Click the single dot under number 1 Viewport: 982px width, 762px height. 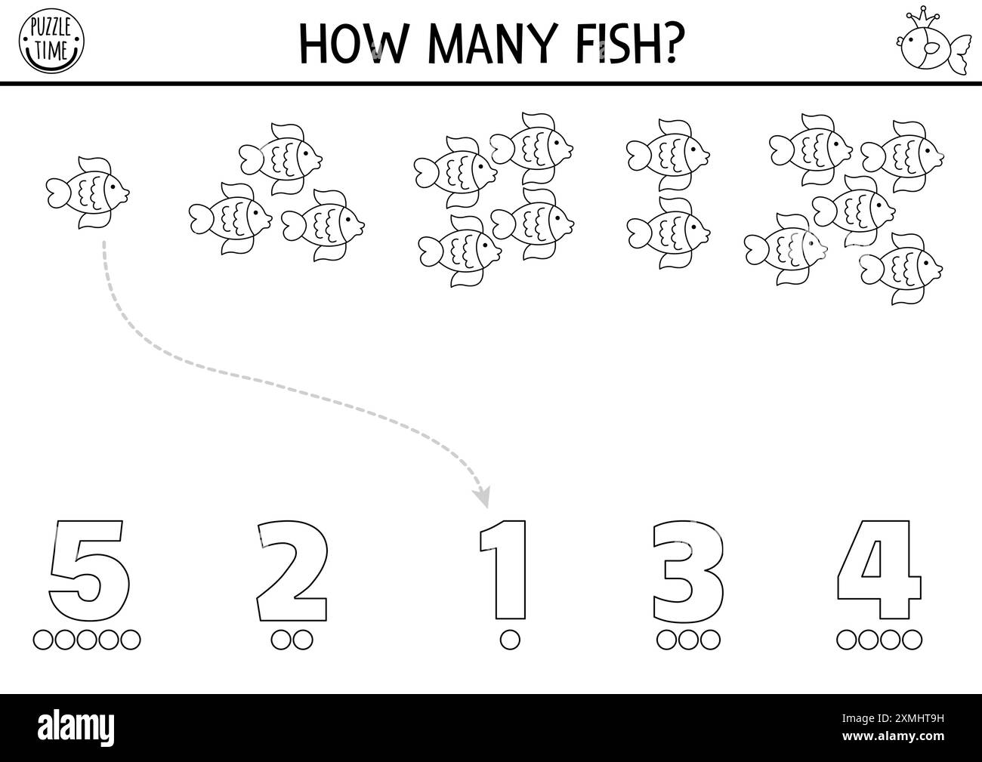click(511, 640)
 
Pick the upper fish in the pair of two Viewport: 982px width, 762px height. click(668, 153)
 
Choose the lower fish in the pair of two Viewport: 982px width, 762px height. click(668, 231)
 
